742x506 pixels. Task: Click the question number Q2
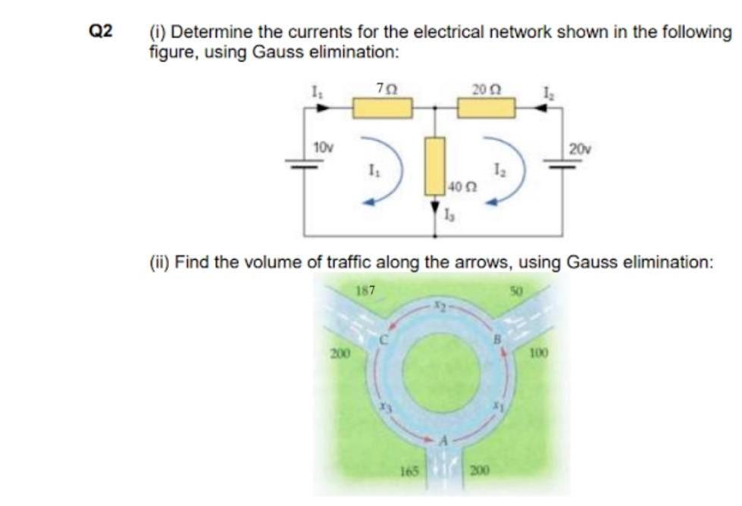(100, 31)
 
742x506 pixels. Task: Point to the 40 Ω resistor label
(460, 186)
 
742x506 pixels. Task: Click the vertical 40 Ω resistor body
(434, 164)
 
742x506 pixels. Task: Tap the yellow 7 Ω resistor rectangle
(383, 108)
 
